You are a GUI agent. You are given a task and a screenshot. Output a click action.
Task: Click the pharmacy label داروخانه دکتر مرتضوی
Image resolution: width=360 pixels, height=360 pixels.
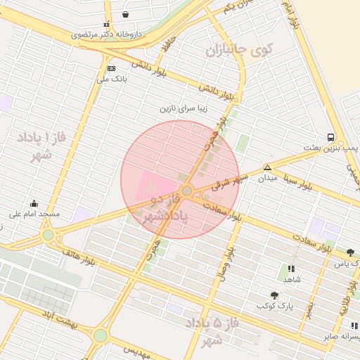pos(107,34)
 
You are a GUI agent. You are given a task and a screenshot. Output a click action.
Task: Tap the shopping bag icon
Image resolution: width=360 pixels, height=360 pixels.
pos(125,14)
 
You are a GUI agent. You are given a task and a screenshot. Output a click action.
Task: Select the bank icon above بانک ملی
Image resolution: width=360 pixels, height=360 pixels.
pos(111,68)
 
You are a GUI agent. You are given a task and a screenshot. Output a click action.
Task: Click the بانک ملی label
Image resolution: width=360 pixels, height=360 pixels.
pos(112,79)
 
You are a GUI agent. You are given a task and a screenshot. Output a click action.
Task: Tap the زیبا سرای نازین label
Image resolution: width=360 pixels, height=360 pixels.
pos(185,110)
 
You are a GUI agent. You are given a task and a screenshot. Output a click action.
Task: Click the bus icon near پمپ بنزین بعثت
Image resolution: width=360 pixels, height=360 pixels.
pos(330,137)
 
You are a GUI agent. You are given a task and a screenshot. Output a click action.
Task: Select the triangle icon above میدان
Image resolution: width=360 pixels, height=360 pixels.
pos(267,167)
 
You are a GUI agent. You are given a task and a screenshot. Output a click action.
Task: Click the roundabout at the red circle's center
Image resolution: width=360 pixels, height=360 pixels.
pos(187,191)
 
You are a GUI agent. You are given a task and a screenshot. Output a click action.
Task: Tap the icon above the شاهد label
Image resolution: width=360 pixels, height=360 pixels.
pos(291,269)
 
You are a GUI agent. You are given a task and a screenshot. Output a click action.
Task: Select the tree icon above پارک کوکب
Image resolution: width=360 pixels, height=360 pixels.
pos(274,295)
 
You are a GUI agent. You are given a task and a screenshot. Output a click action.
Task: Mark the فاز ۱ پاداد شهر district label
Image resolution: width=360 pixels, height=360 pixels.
pos(41,146)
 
